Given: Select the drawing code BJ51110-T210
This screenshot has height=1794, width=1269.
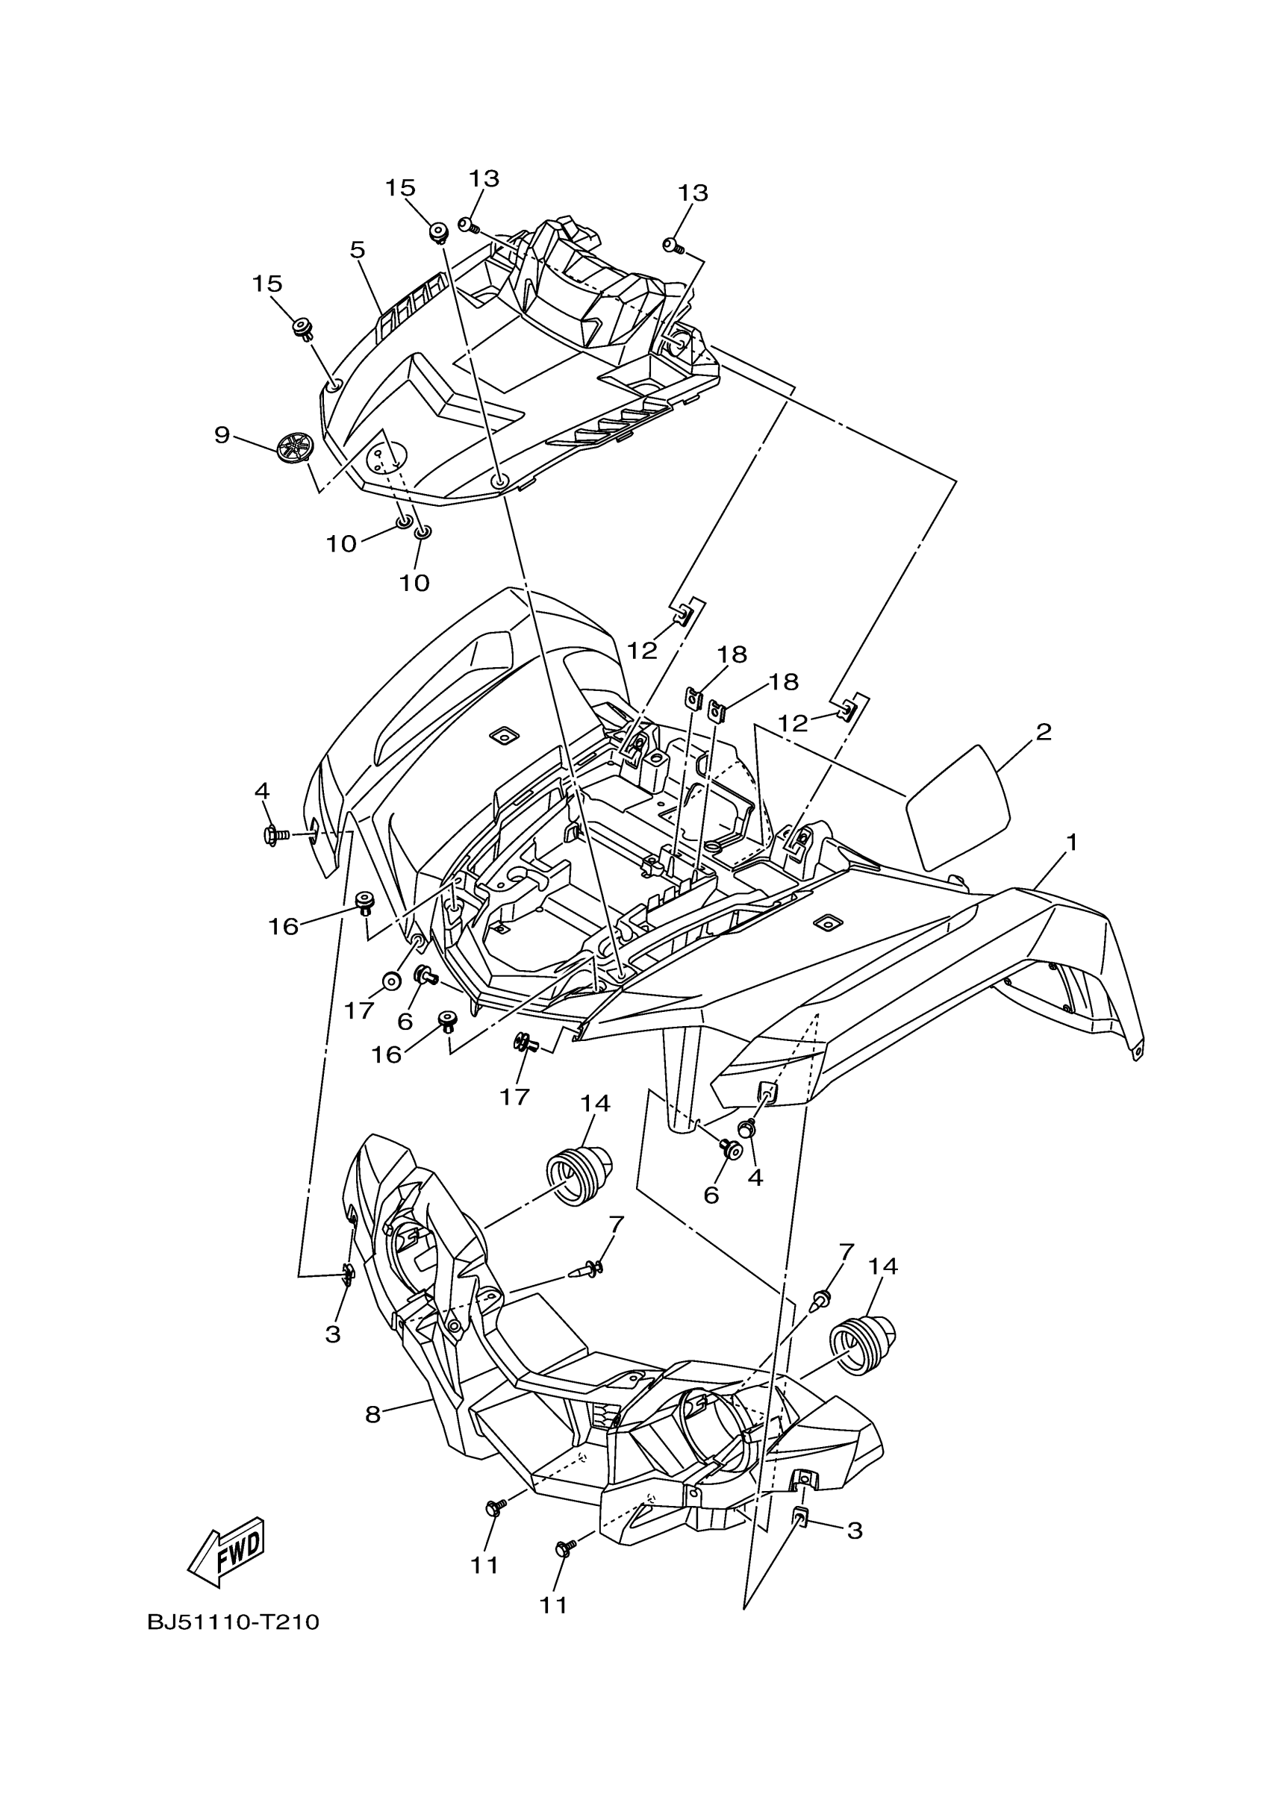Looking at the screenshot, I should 234,1623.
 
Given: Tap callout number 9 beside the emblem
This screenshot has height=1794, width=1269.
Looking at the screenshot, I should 222,435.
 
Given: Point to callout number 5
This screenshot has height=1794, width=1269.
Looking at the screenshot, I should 357,250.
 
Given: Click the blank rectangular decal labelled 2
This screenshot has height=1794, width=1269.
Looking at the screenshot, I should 957,807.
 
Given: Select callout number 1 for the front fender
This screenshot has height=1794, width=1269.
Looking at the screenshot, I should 1072,843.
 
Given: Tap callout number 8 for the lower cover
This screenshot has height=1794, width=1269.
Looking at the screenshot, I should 372,1414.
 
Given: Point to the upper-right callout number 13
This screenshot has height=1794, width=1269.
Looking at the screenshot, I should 692,193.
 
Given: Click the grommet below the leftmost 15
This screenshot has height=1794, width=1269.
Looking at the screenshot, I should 302,328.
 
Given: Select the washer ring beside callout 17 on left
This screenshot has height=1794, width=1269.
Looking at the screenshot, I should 390,981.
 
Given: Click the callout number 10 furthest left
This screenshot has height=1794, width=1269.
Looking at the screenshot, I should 340,544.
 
